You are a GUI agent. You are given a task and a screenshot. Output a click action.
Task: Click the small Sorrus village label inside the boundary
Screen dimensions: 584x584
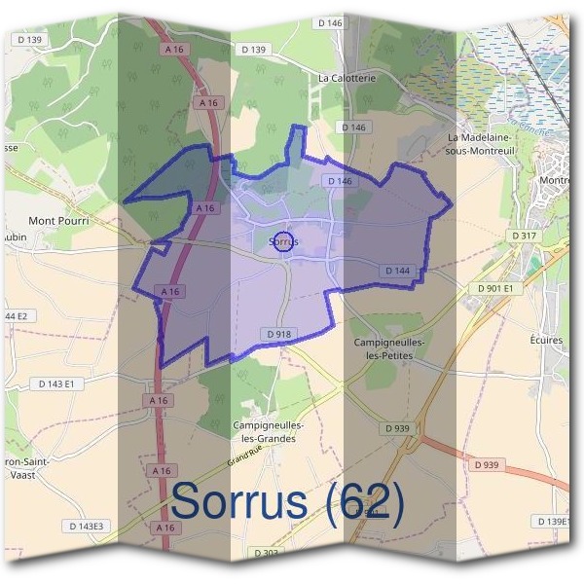coord(281,240)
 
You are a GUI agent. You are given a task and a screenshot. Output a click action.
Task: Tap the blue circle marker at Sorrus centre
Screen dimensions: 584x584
coord(283,241)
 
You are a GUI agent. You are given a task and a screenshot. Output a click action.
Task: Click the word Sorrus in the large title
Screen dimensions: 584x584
coord(239,501)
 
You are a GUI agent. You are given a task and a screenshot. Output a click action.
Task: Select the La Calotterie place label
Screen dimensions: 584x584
coord(345,77)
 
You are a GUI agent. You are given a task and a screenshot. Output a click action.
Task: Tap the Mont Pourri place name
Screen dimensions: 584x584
coord(59,221)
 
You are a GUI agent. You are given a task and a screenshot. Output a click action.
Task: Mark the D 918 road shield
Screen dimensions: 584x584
coord(277,334)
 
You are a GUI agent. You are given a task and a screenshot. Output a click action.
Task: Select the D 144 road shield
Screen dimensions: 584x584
coord(399,271)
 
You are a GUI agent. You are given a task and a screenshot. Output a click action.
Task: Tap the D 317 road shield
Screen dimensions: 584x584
coord(525,236)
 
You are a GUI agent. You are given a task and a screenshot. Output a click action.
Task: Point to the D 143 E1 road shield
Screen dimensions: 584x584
coord(62,383)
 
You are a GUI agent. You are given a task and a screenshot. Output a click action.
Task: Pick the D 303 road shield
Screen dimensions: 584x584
coord(265,553)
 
